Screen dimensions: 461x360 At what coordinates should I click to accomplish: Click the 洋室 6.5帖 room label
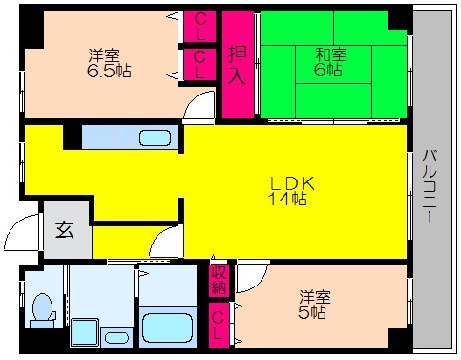pyautogui.click(x=109, y=63)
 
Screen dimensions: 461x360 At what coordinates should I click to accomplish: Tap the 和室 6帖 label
pyautogui.click(x=330, y=62)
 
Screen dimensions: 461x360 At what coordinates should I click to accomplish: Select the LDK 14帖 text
pyautogui.click(x=291, y=191)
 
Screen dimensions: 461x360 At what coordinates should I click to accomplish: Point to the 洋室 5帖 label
pyautogui.click(x=315, y=305)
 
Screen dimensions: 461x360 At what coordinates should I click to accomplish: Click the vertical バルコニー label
pyautogui.click(x=430, y=186)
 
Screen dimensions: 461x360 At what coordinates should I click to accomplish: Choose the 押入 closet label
pyautogui.click(x=238, y=65)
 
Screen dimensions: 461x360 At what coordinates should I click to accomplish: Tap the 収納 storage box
pyautogui.click(x=219, y=280)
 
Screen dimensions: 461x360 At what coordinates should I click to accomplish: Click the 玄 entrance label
pyautogui.click(x=65, y=230)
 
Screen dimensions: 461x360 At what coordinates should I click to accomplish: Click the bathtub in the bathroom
pyautogui.click(x=168, y=328)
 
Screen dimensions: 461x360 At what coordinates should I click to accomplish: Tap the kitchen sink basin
pyautogui.click(x=155, y=138)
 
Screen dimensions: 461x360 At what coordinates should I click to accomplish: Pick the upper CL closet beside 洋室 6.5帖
pyautogui.click(x=200, y=26)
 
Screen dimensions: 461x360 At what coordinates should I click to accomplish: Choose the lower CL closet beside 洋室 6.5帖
pyautogui.click(x=200, y=65)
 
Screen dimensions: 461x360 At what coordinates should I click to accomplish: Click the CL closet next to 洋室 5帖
pyautogui.click(x=219, y=325)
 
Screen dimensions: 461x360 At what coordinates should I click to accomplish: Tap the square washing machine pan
pyautogui.click(x=85, y=332)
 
